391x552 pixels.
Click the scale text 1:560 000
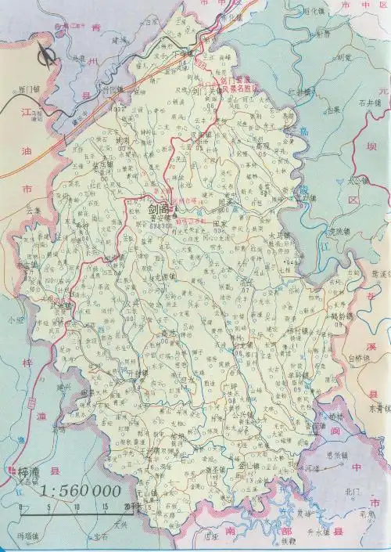point(81,491)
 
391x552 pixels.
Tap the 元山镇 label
point(146,495)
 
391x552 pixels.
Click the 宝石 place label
point(100,537)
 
